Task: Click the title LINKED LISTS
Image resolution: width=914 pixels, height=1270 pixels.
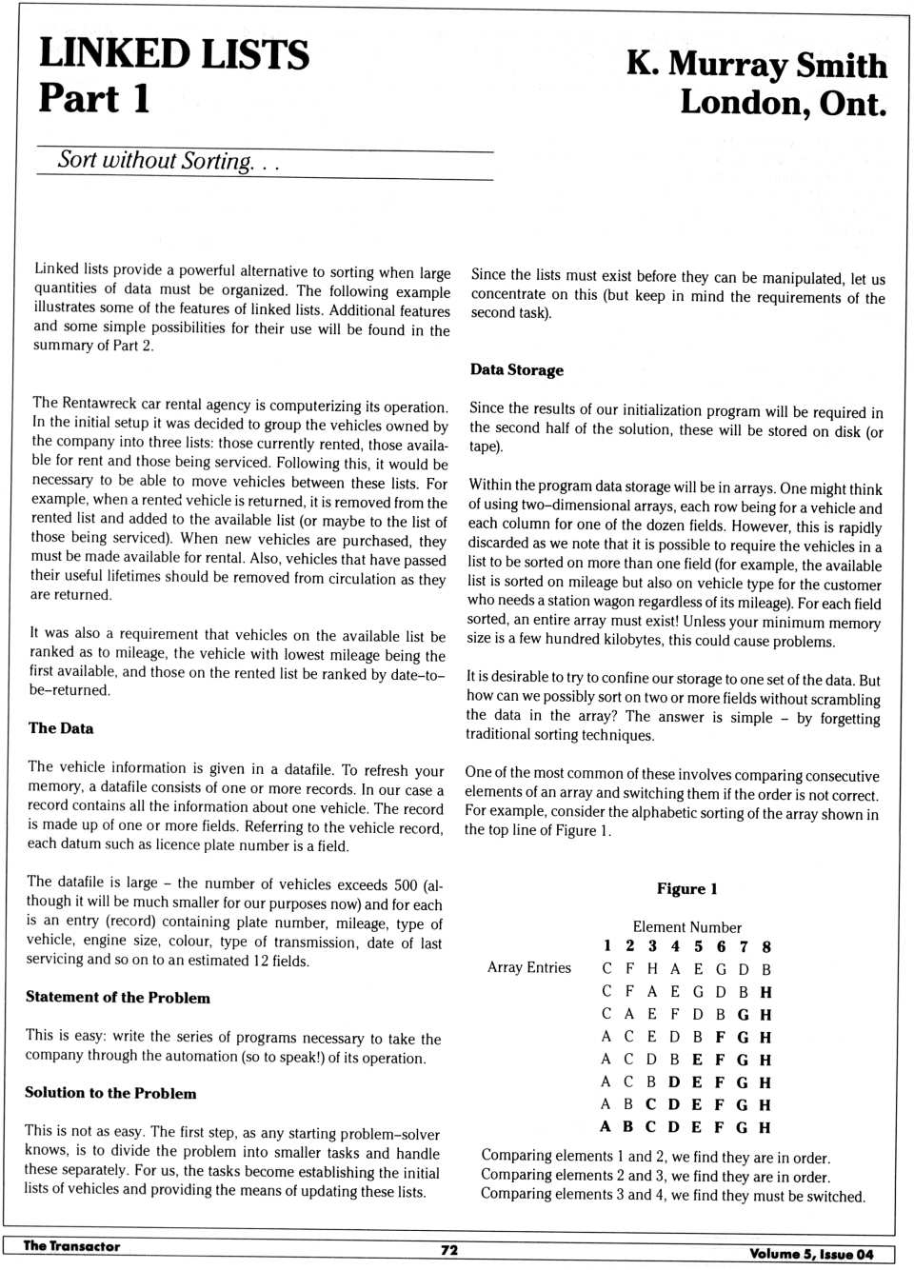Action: (x=174, y=54)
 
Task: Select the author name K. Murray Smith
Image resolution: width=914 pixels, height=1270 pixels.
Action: (x=756, y=64)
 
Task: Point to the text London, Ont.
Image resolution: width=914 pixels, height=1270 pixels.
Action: (x=783, y=103)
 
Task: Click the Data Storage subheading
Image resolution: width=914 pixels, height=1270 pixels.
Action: (x=517, y=369)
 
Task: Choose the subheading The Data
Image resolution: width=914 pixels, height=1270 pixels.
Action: (x=61, y=728)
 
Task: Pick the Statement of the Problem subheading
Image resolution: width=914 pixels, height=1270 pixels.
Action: (x=118, y=998)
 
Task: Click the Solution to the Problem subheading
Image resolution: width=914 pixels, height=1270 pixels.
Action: (x=110, y=1093)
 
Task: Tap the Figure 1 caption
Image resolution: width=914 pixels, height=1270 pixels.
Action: (x=686, y=888)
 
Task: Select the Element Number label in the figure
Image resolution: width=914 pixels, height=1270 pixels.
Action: (x=686, y=926)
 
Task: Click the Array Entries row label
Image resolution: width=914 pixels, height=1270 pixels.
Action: (x=529, y=967)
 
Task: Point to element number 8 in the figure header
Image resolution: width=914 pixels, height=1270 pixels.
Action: (x=766, y=946)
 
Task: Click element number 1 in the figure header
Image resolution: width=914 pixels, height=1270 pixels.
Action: (x=606, y=945)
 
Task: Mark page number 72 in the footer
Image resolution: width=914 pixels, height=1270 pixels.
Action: (x=449, y=1250)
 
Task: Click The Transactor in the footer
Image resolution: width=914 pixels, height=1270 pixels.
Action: (x=72, y=1245)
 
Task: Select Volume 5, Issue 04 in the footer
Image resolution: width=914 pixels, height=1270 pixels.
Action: (x=811, y=1254)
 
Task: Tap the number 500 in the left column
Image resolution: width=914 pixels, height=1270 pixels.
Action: (x=406, y=884)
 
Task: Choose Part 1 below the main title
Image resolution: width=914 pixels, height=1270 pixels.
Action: (x=94, y=99)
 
